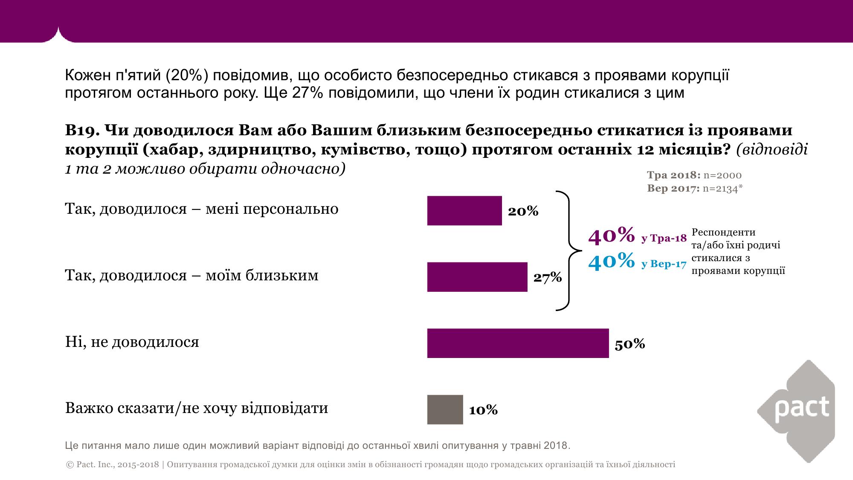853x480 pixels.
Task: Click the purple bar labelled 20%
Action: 464,210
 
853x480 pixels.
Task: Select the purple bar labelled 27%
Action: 477,277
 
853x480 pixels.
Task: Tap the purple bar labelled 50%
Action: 518,343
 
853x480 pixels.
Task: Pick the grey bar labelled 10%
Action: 445,410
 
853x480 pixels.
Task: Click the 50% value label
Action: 630,344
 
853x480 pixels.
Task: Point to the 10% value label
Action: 483,410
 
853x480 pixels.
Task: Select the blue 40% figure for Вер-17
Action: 611,260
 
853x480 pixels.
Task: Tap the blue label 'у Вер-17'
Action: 664,264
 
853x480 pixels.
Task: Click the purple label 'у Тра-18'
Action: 664,239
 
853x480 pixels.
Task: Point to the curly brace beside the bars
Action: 569,250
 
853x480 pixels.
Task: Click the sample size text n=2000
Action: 722,175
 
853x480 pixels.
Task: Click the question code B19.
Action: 82,130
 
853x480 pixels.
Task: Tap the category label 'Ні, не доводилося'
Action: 132,342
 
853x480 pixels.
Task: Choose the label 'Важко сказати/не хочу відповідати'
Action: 197,408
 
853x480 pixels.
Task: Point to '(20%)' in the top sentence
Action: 185,76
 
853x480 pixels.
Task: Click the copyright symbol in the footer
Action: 70,465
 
